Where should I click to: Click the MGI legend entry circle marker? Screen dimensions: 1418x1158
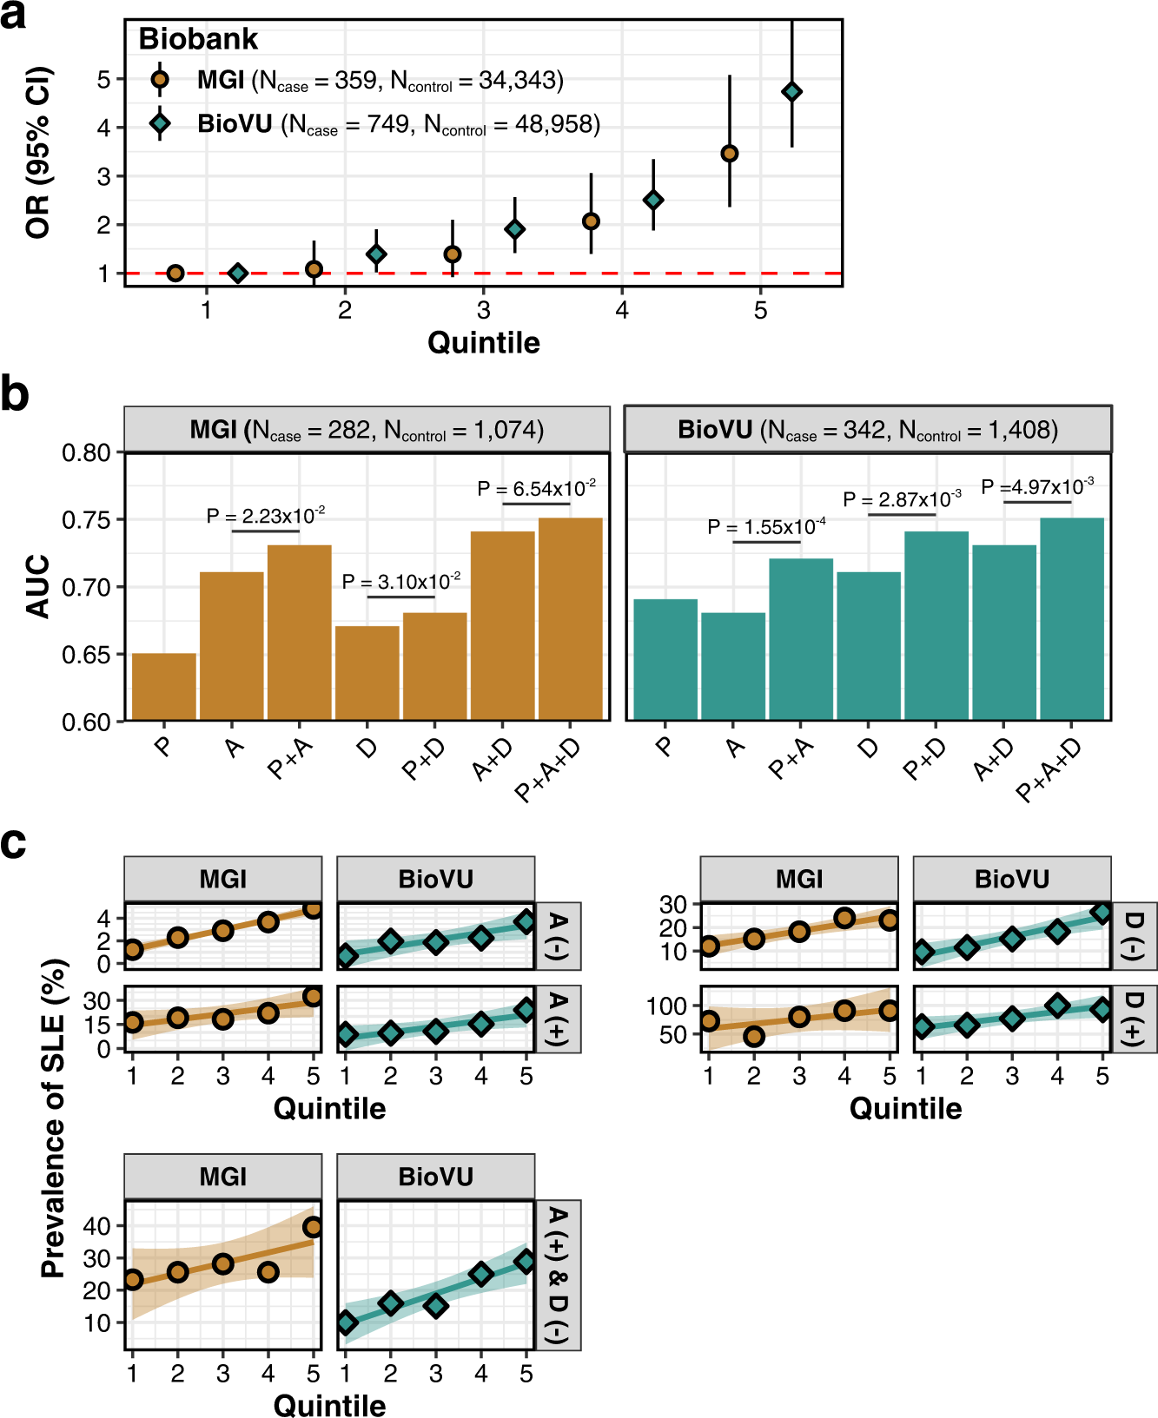click(x=160, y=81)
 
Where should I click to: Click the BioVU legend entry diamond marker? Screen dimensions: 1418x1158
click(x=160, y=123)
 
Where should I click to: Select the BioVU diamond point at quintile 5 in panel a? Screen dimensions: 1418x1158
click(x=791, y=91)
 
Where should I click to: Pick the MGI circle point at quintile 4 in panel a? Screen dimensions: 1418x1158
click(x=591, y=221)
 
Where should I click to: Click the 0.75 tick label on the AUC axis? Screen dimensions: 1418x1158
click(x=86, y=520)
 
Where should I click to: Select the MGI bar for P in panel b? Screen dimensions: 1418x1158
click(x=164, y=686)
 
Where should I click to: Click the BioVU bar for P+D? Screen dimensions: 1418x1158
click(x=936, y=625)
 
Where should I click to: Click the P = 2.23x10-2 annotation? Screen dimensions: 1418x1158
click(x=266, y=516)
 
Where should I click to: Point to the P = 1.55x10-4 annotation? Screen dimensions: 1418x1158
click(x=766, y=527)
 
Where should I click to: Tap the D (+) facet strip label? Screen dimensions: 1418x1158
click(x=1135, y=1019)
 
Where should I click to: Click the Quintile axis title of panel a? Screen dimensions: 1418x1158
click(x=483, y=342)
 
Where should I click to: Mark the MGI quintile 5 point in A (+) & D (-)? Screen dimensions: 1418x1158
click(x=313, y=1227)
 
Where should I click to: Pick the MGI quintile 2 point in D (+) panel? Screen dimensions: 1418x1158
click(x=753, y=1035)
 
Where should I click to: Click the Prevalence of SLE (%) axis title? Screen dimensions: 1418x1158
click(x=54, y=1118)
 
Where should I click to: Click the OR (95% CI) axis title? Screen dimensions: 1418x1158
click(x=38, y=152)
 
